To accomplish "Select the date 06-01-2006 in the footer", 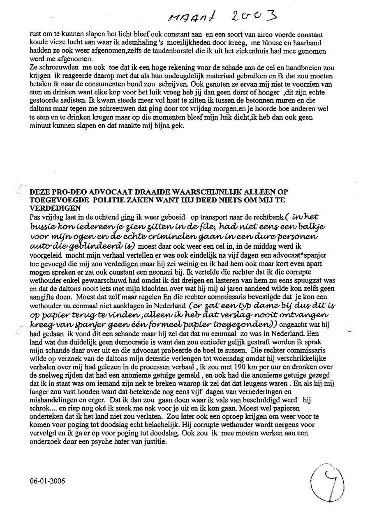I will point(47,481).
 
